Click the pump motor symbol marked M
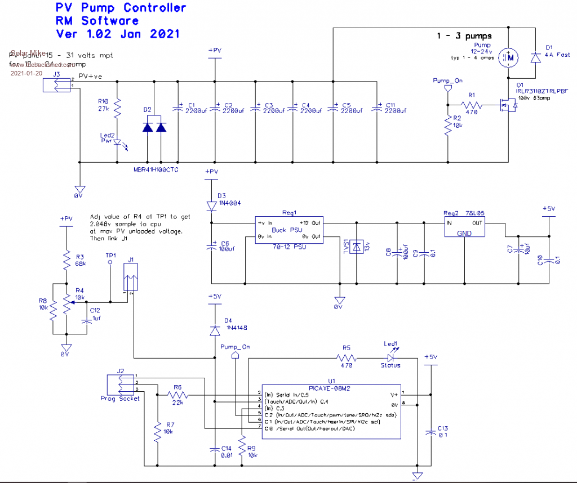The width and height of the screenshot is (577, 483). (x=511, y=56)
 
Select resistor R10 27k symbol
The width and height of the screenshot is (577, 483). (x=117, y=107)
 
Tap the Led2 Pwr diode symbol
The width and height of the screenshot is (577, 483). (x=117, y=143)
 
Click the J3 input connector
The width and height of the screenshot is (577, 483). (x=57, y=85)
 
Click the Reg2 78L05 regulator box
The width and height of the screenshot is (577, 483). (x=465, y=227)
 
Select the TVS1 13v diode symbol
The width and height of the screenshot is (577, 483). (x=356, y=246)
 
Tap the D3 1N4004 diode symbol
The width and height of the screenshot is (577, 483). (x=211, y=205)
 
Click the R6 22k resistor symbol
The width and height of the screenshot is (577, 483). (x=177, y=397)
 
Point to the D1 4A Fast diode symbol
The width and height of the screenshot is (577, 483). (x=535, y=57)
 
